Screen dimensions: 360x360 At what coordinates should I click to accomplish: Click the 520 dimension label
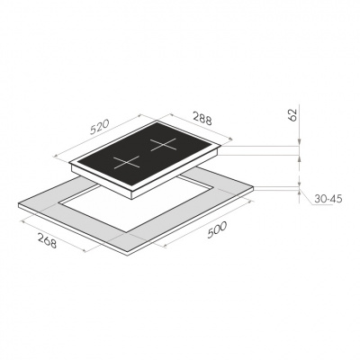pos(99,127)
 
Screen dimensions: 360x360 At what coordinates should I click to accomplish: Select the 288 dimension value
pos(202,118)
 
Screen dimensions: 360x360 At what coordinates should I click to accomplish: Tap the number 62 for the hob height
pos(292,114)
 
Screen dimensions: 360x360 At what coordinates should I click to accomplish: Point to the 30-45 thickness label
pos(328,199)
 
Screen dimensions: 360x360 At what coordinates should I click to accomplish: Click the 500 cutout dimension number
pos(217,230)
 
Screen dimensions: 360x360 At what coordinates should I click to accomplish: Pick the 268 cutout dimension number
pos(47,240)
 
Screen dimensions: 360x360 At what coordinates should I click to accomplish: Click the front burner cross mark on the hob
pos(127,162)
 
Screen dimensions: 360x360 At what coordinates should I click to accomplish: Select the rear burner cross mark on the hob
pos(163,145)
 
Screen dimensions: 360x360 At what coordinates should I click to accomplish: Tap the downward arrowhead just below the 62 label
pos(299,142)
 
